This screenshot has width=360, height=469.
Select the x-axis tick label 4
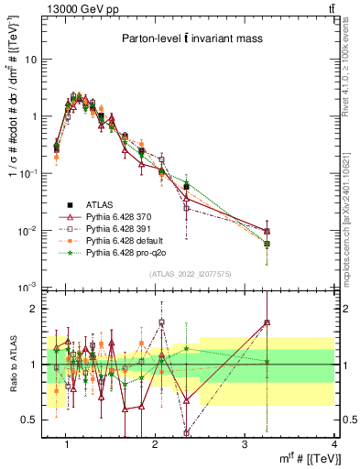pyautogui.click(x=333, y=444)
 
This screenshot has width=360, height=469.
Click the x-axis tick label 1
pyautogui.click(x=67, y=444)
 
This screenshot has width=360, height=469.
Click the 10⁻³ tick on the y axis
pyautogui.click(x=30, y=288)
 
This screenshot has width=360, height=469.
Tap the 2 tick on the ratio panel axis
pyautogui.click(x=37, y=309)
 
